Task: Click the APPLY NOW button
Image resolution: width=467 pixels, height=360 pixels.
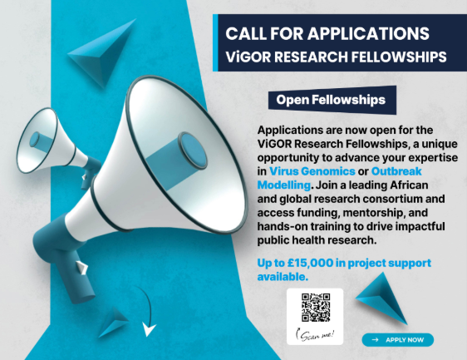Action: tap(398, 339)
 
